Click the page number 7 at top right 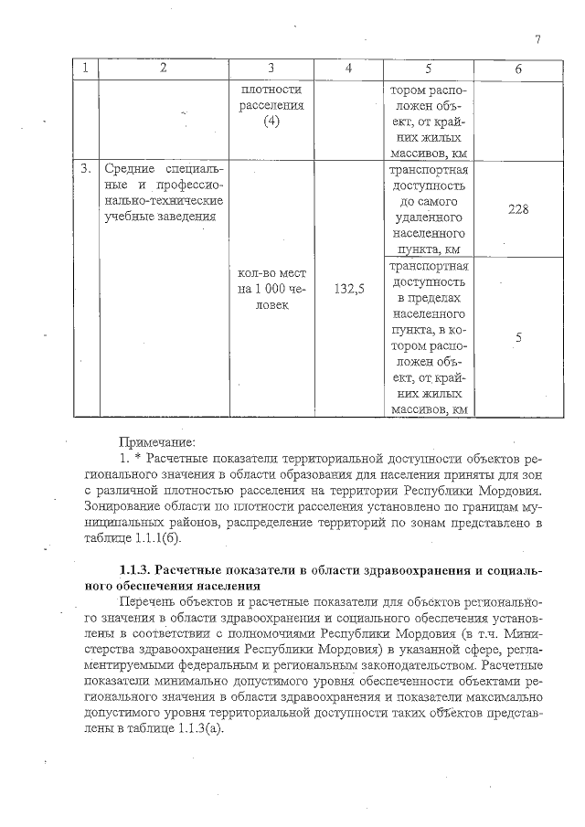pyautogui.click(x=538, y=39)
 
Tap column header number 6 pyautogui.click(x=518, y=70)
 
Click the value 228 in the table pyautogui.click(x=518, y=208)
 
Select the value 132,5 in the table pyautogui.click(x=349, y=289)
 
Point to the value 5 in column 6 pyautogui.click(x=518, y=337)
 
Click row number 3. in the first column pyautogui.click(x=86, y=169)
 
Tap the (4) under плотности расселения pyautogui.click(x=271, y=123)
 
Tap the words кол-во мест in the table pyautogui.click(x=271, y=273)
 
